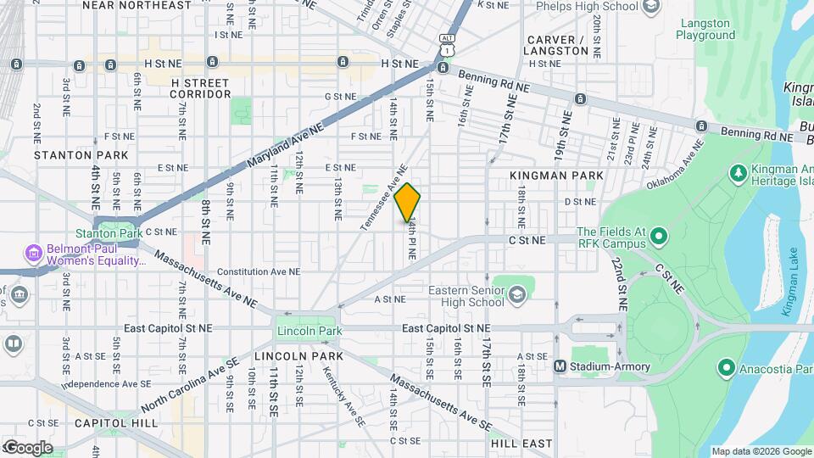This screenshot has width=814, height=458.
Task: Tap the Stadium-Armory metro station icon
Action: tap(560, 366)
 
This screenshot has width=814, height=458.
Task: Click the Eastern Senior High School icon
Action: tap(516, 295)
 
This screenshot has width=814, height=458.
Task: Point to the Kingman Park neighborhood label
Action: tap(556, 176)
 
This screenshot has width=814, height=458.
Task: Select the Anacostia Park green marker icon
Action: tap(725, 369)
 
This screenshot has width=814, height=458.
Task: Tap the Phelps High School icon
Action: tap(651, 8)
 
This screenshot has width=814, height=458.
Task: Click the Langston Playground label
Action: tap(705, 30)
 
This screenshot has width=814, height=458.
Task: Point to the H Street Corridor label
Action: tap(200, 88)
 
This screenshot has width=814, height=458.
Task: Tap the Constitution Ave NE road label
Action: tap(259, 272)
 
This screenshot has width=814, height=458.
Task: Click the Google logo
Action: tap(27, 447)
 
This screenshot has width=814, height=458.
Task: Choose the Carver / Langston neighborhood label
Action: tap(557, 45)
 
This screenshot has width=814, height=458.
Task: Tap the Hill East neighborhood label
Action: tap(521, 443)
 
